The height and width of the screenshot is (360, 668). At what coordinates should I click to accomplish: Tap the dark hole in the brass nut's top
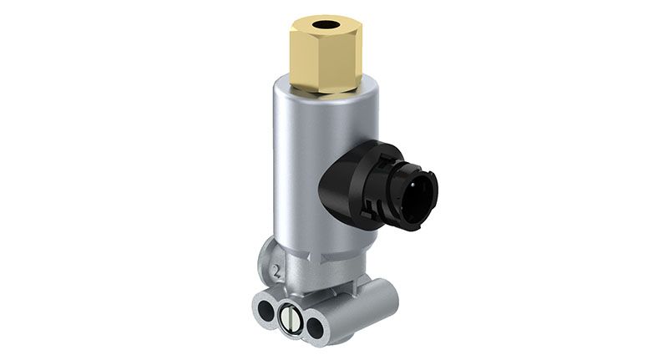(x=324, y=24)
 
